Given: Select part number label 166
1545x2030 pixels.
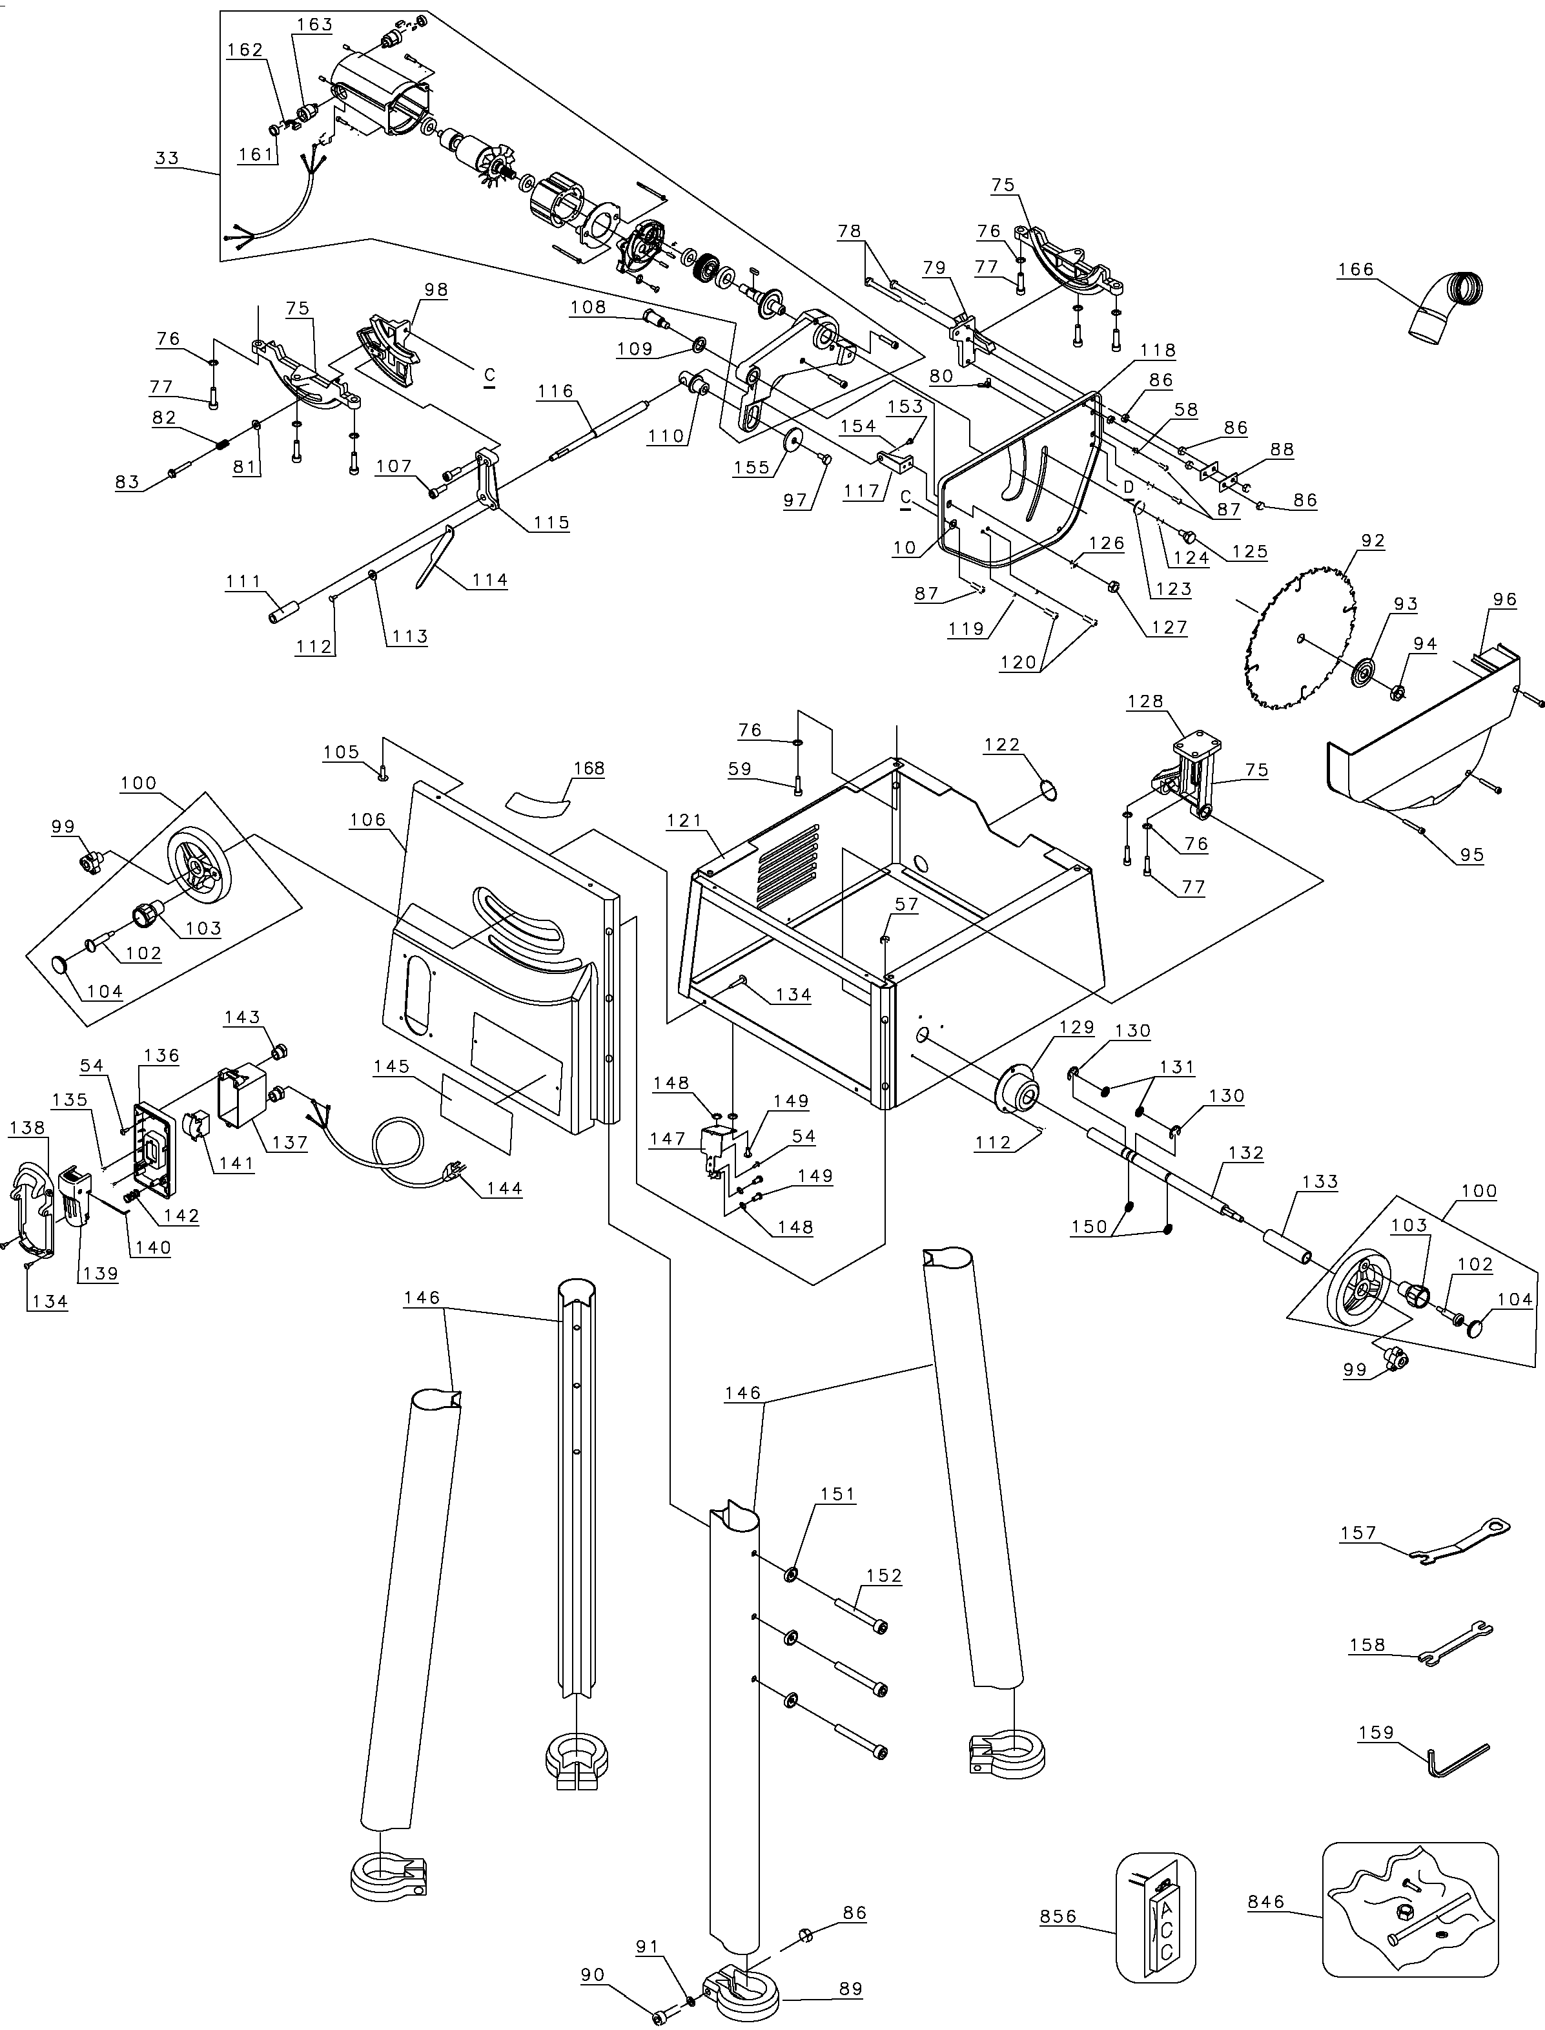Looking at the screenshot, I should coord(1356,269).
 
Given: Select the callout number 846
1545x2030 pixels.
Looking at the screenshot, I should coord(1265,1902).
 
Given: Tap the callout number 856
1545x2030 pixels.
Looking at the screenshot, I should coord(1058,1916).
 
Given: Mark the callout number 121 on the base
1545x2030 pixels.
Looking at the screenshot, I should coord(685,820).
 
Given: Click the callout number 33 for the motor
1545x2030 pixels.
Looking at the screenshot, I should coord(167,158).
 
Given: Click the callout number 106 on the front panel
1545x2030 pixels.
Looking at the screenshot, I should coord(368,820).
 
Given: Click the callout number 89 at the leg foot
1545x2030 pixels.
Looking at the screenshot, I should coord(851,1987).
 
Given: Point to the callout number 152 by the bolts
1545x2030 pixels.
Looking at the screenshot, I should coord(884,1575).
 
